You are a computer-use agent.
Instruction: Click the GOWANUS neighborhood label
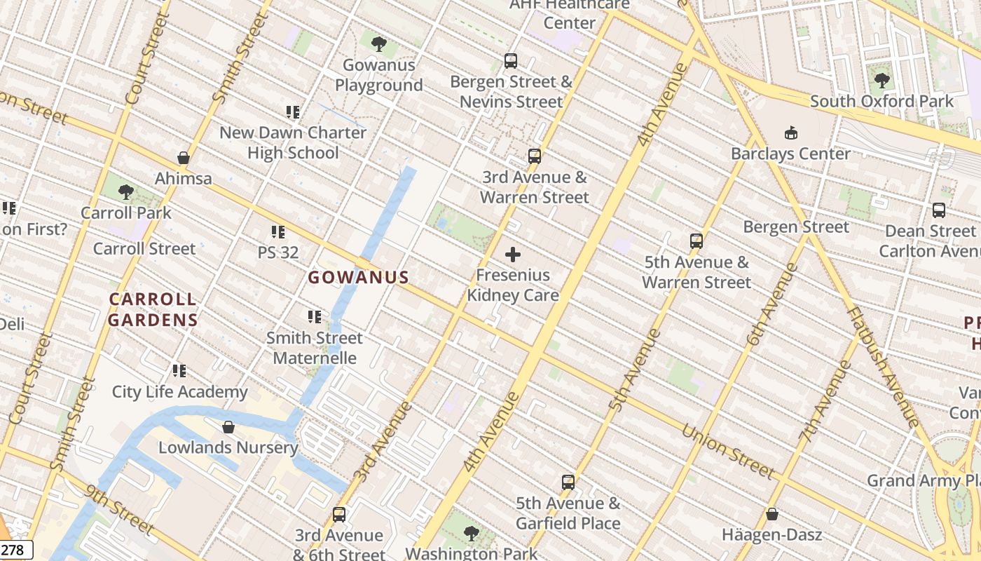click(358, 277)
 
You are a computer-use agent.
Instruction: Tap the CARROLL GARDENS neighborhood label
click(153, 310)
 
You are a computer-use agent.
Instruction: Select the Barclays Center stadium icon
click(791, 133)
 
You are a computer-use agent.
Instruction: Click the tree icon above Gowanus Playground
click(378, 44)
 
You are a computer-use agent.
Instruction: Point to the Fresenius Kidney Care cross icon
click(513, 254)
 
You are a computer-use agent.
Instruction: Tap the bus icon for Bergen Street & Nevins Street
click(511, 61)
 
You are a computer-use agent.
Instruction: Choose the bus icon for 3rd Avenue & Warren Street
click(535, 156)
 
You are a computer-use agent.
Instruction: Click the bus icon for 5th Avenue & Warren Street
click(696, 241)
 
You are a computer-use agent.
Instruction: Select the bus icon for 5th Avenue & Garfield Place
click(568, 482)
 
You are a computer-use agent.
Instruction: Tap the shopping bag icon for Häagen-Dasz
click(771, 515)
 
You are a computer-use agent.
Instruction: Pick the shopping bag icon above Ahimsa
click(184, 158)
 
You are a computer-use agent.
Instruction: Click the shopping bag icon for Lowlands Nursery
click(228, 427)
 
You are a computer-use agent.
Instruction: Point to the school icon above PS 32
click(278, 231)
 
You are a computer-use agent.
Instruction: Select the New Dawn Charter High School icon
click(293, 111)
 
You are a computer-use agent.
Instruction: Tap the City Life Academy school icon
click(179, 370)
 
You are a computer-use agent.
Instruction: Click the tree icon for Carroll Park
click(126, 191)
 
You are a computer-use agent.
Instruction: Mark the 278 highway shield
click(15, 550)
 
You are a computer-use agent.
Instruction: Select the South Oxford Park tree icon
click(881, 80)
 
